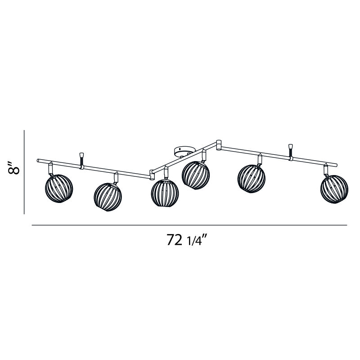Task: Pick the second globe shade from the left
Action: [x=108, y=196]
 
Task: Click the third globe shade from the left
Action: [x=164, y=193]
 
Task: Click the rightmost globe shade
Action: [x=334, y=189]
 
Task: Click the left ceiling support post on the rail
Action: [x=82, y=160]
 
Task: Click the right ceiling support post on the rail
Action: [x=291, y=152]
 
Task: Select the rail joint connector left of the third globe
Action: [x=152, y=172]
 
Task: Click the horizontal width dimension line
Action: [x=189, y=225]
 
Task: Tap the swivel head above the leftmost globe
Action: [x=51, y=168]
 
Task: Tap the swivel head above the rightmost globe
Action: [x=325, y=169]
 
